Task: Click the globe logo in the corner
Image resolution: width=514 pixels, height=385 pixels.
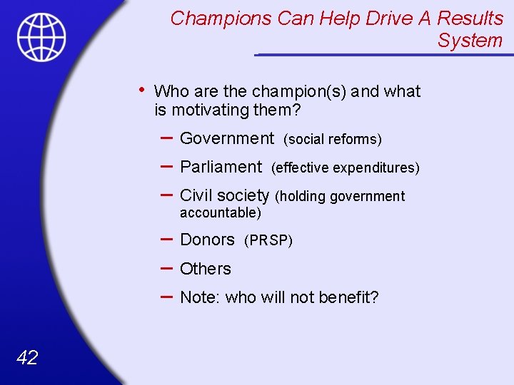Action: point(42,37)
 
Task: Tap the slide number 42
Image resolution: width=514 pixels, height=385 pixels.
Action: point(26,357)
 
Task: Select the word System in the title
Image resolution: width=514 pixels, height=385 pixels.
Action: point(470,41)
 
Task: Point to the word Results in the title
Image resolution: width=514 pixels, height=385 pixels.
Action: point(470,18)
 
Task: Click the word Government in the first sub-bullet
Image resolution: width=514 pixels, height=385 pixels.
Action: point(227,138)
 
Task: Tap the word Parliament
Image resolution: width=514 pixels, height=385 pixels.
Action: point(221,167)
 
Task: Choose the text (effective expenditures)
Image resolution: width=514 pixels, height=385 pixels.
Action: point(346,168)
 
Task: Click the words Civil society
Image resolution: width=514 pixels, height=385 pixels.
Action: point(224,195)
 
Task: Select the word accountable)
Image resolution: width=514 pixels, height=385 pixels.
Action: point(221,212)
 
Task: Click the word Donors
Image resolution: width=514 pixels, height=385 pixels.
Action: point(207,240)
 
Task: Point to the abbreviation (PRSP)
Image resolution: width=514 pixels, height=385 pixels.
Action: point(268,241)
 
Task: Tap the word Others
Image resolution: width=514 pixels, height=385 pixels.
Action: point(206,269)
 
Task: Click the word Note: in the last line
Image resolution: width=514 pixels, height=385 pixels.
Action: point(200,297)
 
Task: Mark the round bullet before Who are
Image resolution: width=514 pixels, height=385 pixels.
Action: point(143,90)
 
